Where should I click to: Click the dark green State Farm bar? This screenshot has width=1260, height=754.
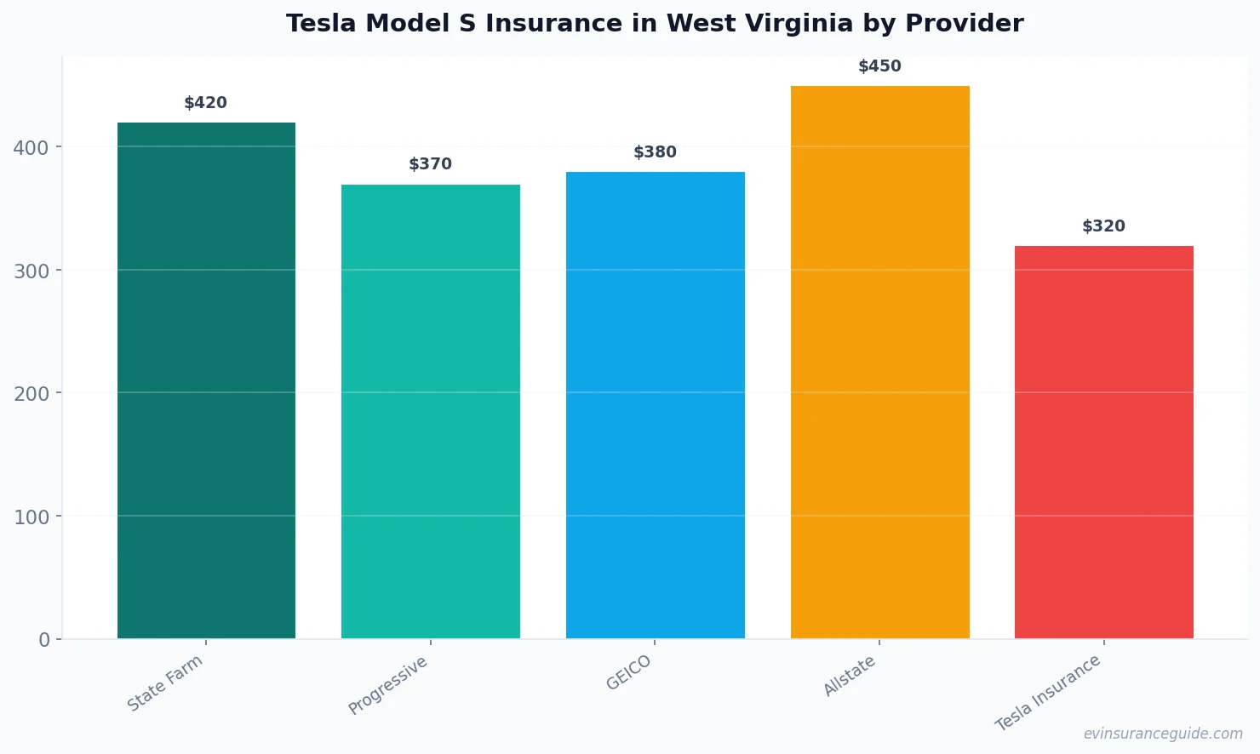coord(206,380)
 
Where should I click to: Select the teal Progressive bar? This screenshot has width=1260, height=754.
coord(430,411)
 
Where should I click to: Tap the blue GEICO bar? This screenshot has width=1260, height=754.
coord(655,405)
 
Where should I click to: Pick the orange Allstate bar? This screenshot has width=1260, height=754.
coord(879,362)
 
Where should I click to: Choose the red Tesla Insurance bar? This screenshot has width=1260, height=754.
coord(1103,442)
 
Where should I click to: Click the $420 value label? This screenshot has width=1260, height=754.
coord(205,103)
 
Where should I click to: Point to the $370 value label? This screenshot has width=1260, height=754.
coord(430,164)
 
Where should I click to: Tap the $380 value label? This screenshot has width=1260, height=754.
coord(655,152)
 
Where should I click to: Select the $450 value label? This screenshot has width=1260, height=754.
coord(879,66)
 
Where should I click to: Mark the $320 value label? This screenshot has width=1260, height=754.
coord(1103,226)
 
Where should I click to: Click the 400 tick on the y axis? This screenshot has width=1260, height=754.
coord(31,148)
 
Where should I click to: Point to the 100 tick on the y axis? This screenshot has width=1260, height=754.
coord(31,517)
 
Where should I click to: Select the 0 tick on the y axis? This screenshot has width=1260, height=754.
coord(44,640)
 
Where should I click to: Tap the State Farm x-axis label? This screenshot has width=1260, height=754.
coord(165,683)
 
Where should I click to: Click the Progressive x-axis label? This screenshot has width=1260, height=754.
coord(388,686)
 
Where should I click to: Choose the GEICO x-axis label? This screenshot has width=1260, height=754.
coord(628,673)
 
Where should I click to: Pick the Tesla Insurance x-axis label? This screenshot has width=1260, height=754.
coord(1048,694)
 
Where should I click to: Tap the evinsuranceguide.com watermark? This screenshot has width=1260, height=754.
coord(1162,734)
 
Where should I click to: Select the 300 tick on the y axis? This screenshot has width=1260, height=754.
coord(31,271)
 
